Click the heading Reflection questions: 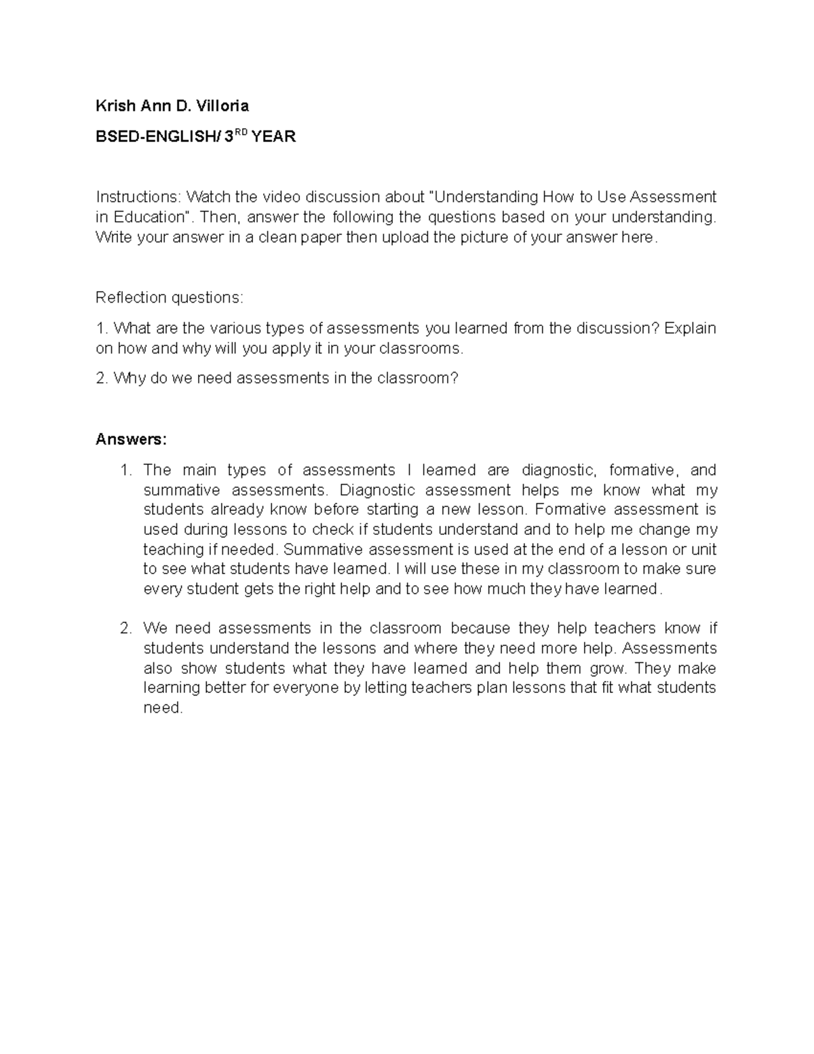[169, 297]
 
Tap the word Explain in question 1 [690, 328]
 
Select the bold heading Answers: [130, 439]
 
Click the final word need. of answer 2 [163, 708]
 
